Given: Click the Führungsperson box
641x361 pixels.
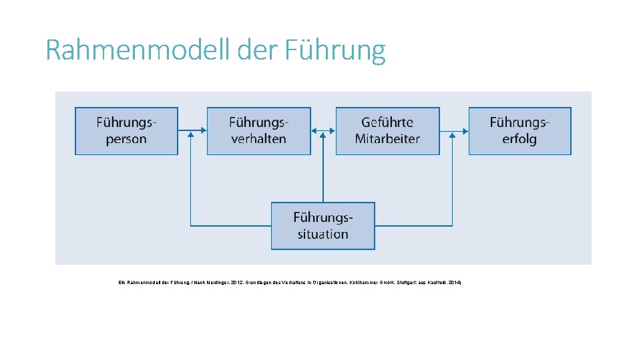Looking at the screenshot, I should click(x=126, y=131).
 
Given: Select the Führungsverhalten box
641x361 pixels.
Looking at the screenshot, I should click(x=258, y=131).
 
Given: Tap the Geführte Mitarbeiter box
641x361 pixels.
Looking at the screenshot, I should click(x=387, y=131).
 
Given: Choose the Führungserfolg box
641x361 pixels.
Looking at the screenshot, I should click(x=519, y=131).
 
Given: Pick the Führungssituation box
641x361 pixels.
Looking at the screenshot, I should click(x=323, y=226).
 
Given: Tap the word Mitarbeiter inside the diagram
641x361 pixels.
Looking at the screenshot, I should click(x=387, y=139).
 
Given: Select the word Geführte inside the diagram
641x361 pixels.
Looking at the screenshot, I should click(x=387, y=122).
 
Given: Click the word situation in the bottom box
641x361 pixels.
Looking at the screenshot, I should click(x=323, y=234).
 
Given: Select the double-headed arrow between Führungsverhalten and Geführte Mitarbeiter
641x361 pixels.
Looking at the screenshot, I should click(x=323, y=131).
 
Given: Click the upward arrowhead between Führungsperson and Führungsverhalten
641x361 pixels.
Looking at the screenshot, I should click(x=191, y=135).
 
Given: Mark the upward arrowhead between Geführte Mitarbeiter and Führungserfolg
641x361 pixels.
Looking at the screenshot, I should click(x=453, y=135).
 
